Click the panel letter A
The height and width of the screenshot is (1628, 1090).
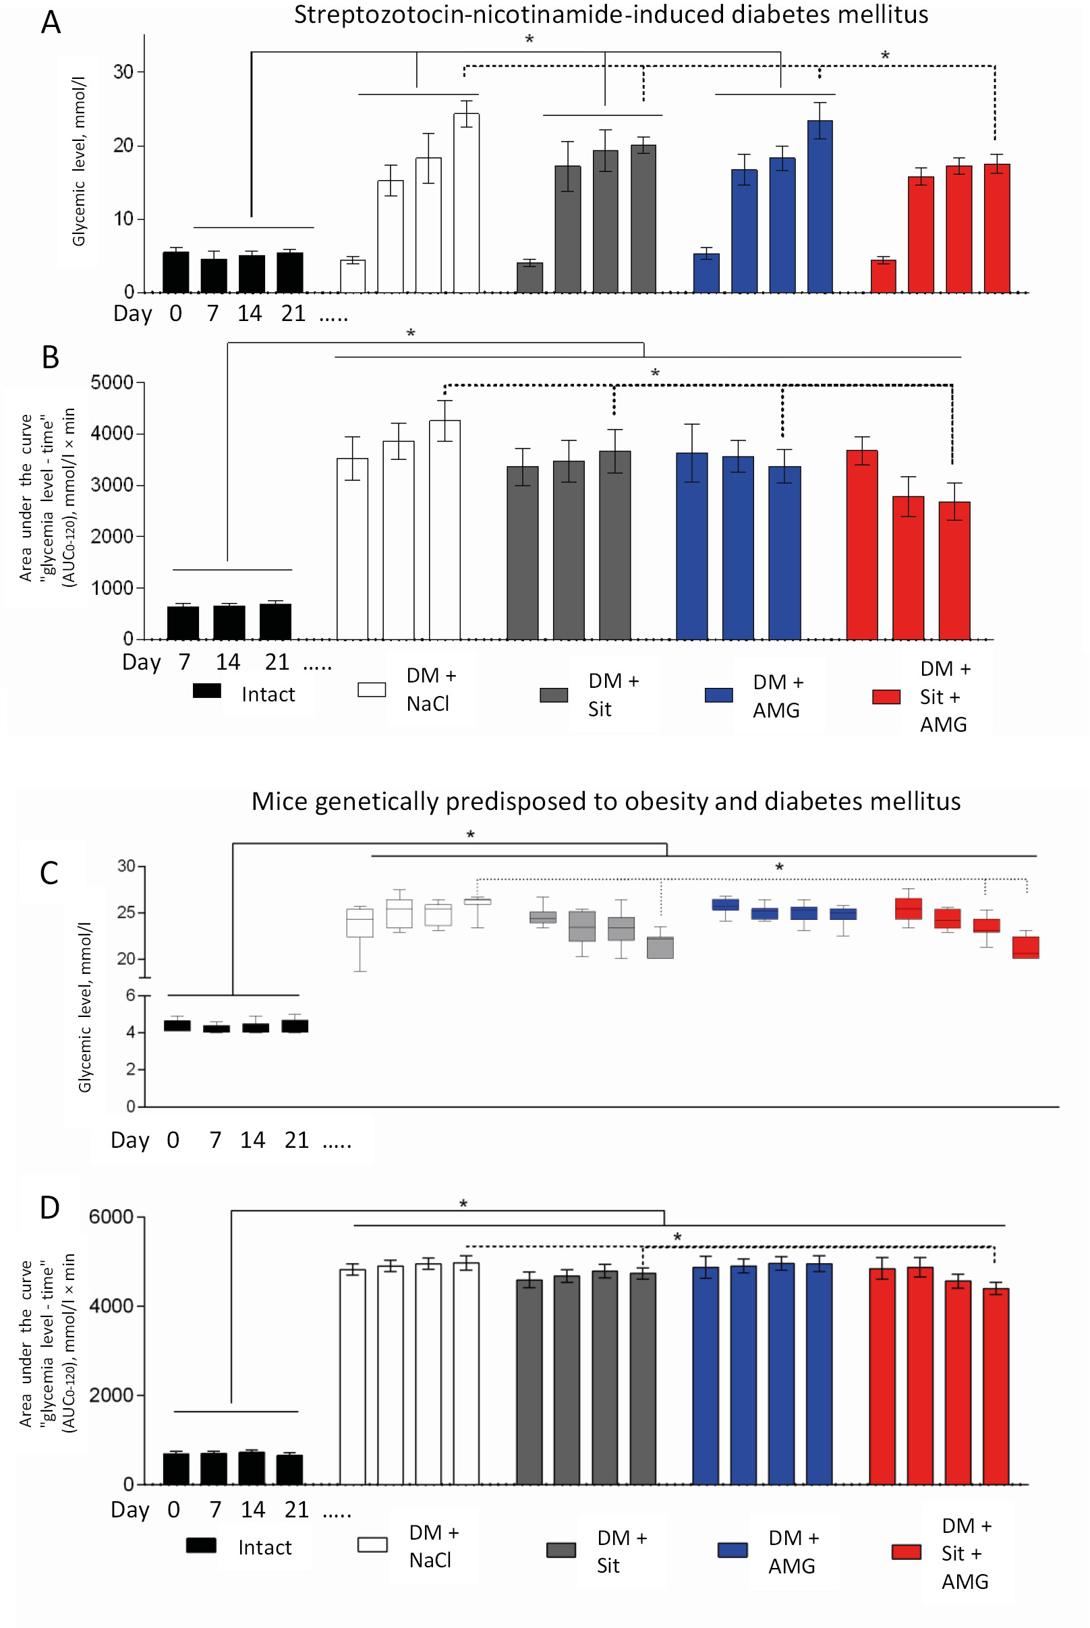(51, 22)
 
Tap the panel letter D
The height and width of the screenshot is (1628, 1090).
(49, 1209)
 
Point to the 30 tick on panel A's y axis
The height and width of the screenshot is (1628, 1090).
(123, 71)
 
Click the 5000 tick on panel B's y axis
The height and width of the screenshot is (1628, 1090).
(112, 383)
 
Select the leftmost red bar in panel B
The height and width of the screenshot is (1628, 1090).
(861, 545)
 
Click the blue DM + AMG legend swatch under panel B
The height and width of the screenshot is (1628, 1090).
(718, 695)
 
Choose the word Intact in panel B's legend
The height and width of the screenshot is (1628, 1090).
(268, 694)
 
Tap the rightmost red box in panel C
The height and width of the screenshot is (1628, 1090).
(1025, 947)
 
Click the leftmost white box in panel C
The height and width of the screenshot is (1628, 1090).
(360, 923)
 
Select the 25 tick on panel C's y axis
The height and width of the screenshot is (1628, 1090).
(126, 912)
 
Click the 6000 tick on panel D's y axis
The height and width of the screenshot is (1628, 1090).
(111, 1217)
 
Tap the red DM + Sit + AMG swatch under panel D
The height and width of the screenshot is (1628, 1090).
(906, 1552)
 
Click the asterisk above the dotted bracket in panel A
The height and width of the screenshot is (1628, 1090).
(885, 56)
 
